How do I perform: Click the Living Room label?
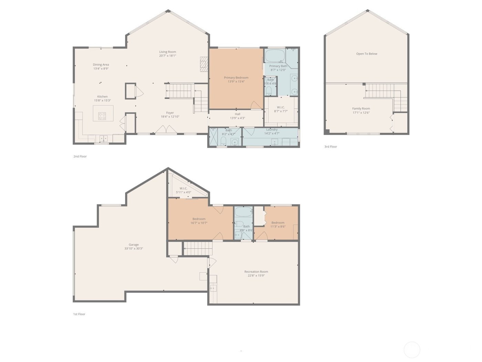167,52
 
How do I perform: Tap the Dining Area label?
101,64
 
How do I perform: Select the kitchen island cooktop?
102,116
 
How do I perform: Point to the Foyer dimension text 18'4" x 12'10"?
170,117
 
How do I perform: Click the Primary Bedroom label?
236,78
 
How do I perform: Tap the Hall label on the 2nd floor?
238,114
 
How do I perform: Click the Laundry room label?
272,130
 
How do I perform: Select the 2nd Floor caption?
80,157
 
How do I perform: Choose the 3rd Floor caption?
331,147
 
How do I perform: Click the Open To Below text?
367,54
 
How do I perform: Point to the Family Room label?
361,109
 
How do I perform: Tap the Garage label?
134,245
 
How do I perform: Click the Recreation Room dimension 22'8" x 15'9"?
256,275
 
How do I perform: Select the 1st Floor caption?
79,314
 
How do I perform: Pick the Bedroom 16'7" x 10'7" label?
199,219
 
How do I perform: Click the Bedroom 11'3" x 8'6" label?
278,223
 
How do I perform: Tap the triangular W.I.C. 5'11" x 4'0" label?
184,188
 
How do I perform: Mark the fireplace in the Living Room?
205,64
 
